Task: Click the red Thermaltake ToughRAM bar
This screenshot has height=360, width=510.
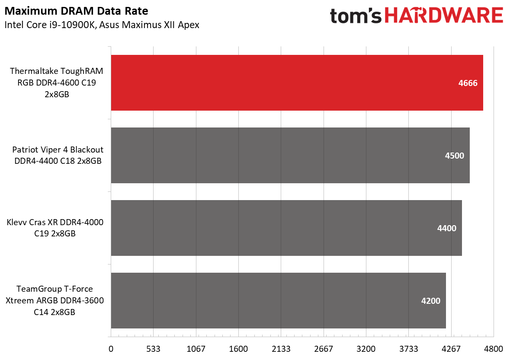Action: coord(297,83)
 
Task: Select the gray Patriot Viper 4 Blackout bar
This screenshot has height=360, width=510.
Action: coord(290,155)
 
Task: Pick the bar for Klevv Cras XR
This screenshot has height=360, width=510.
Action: coord(286,228)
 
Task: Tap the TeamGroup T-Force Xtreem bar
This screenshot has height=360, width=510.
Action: coord(278,300)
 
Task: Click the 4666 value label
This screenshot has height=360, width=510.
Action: coord(468,83)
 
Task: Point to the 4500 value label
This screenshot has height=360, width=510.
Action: coord(454,156)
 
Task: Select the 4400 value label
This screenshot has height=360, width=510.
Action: coord(446,228)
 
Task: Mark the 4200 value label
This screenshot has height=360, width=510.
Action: coord(430,301)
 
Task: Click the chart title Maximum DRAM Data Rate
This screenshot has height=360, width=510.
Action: coord(76,10)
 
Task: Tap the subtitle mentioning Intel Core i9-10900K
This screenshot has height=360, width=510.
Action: coord(102,25)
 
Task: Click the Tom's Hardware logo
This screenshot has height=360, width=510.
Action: coord(417,16)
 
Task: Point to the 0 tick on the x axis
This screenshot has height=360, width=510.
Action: coord(111,349)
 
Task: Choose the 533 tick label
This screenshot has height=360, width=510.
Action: coord(154,349)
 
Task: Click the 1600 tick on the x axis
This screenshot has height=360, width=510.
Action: coord(238,349)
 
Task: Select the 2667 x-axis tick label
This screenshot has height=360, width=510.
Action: coord(324,349)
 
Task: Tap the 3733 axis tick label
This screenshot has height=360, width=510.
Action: coord(408,349)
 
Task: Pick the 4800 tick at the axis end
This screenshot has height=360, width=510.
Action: coord(494,349)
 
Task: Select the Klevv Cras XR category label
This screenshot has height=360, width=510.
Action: coord(55,228)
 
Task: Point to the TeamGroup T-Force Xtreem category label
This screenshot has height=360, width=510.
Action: coord(55,300)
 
